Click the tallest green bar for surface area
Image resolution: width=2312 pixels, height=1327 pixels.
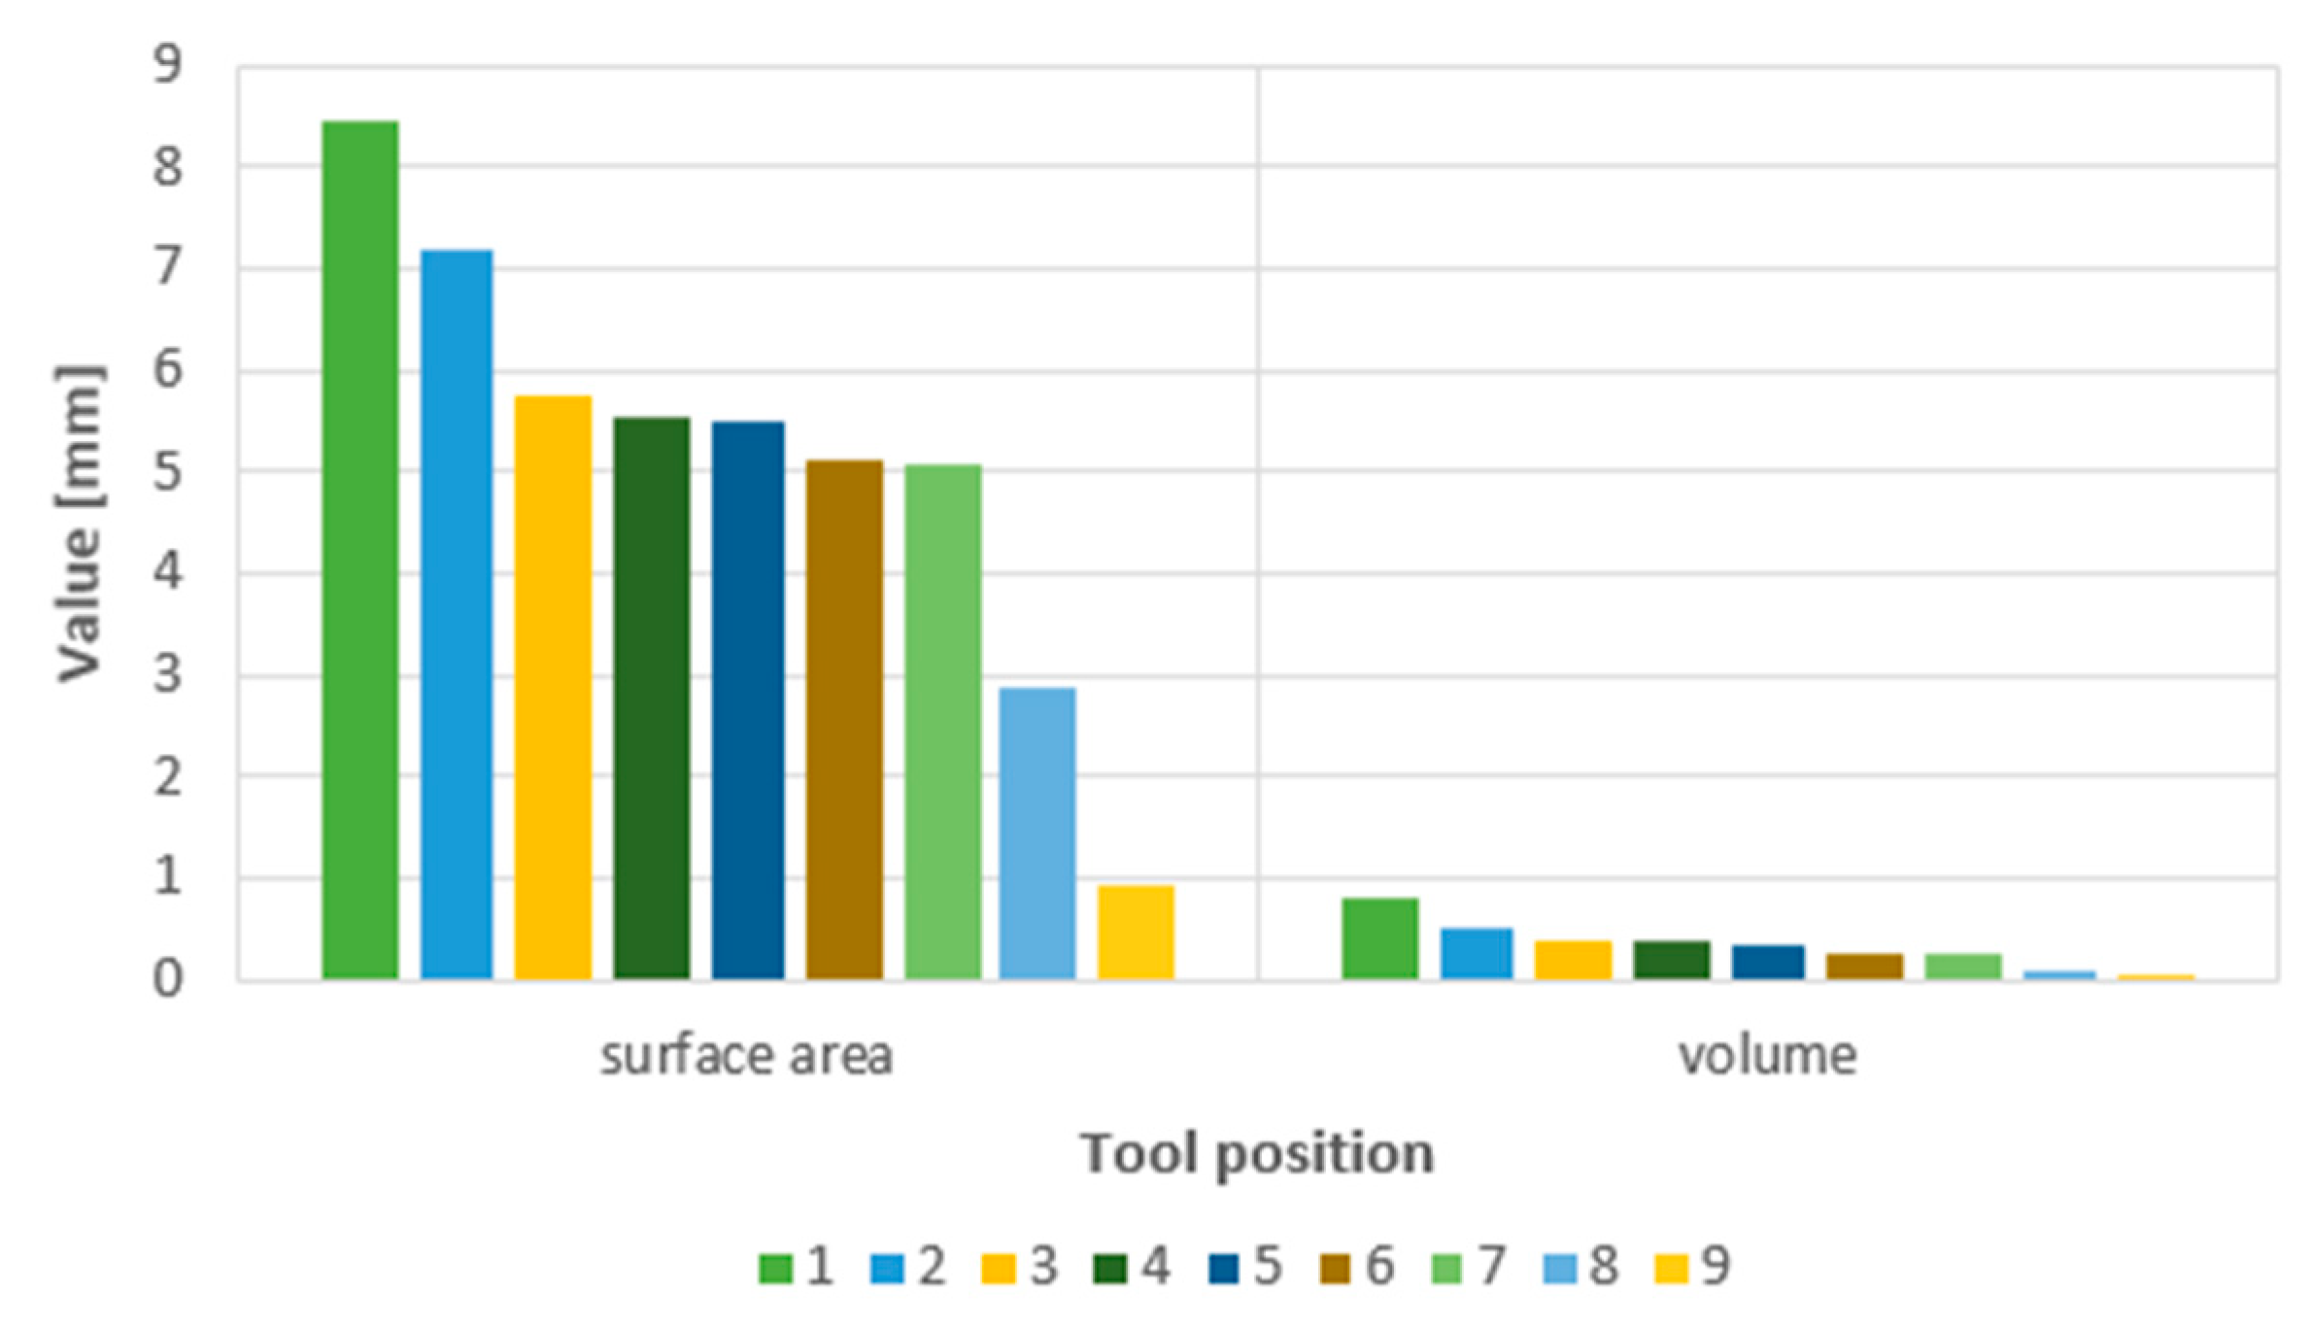(359, 550)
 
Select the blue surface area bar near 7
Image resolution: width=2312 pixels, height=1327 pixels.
(457, 614)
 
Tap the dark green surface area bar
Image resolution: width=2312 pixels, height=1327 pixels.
(651, 698)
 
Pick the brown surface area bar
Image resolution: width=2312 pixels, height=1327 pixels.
(844, 719)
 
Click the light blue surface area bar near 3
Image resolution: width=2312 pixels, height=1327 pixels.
(1037, 833)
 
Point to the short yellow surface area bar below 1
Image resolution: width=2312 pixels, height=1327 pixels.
(1136, 932)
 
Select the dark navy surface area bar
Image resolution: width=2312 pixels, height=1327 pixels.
(748, 699)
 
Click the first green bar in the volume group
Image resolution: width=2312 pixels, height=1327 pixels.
(1379, 937)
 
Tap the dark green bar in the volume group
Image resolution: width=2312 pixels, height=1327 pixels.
(1671, 959)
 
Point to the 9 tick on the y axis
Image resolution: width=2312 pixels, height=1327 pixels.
(167, 66)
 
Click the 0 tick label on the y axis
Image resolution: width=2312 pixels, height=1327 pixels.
(167, 979)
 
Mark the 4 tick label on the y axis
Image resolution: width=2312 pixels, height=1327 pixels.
(167, 572)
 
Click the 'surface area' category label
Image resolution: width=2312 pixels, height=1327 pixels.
(746, 1056)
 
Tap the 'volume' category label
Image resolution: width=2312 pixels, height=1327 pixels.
(1767, 1056)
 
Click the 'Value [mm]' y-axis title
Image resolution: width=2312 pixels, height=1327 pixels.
(80, 525)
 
